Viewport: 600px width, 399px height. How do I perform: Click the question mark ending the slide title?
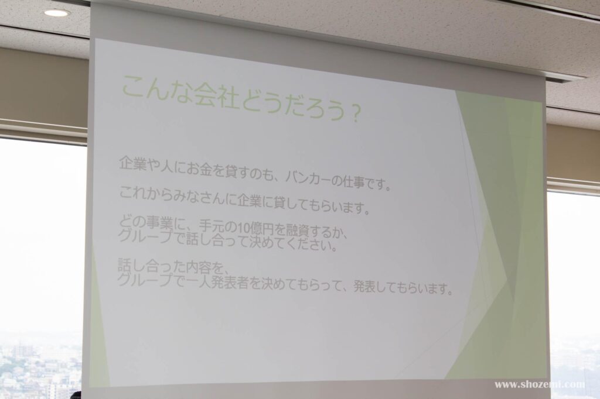(x=354, y=114)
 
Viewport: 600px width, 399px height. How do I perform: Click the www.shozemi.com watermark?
(x=540, y=384)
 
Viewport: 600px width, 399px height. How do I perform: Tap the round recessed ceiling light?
(x=57, y=13)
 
